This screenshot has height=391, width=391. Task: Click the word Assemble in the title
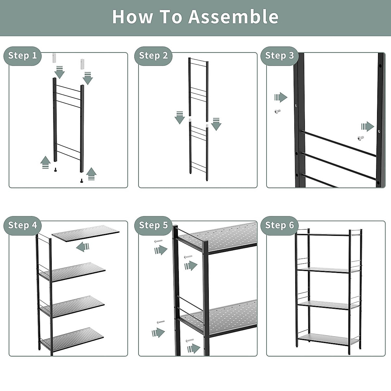pos(233,17)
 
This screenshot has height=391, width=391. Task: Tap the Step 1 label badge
pos(22,56)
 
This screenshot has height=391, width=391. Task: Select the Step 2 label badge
pos(153,56)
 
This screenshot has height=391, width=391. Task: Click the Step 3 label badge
pos(279,56)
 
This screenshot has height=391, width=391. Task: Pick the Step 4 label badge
pos(22,225)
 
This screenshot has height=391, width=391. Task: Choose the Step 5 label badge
pos(153,225)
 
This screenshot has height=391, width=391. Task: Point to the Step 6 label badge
pos(279,225)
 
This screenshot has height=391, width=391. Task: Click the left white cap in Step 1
pos(55,58)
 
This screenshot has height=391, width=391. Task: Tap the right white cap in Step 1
pos(82,64)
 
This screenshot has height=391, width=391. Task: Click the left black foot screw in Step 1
pos(55,169)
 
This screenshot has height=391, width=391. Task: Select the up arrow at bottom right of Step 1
pos(92,174)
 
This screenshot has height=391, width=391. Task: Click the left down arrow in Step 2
pos(180,118)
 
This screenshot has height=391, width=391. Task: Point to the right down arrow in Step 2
pos(216,124)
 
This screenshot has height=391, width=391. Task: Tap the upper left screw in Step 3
pos(277,111)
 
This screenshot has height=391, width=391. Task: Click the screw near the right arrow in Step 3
pos(360,138)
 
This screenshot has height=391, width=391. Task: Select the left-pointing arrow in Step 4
pos(83,247)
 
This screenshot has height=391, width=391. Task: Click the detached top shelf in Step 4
pos(86,233)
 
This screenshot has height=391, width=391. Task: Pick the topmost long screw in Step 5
pos(158,241)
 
